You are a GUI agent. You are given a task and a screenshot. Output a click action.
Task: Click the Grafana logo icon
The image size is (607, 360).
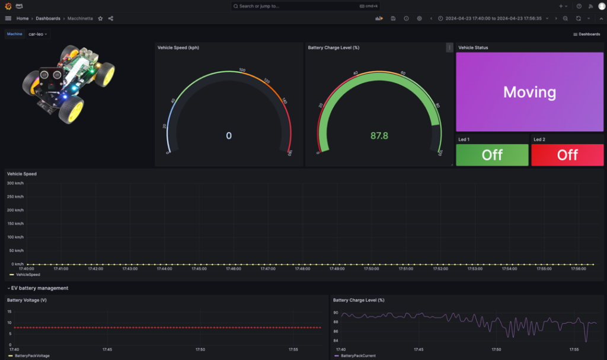(x=8, y=6)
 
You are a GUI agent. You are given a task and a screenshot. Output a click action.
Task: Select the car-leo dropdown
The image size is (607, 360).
(x=39, y=34)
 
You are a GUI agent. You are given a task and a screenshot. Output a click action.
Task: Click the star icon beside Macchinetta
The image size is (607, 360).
(x=100, y=18)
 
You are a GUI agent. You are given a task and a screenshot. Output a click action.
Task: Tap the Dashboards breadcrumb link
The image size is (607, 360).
(x=48, y=18)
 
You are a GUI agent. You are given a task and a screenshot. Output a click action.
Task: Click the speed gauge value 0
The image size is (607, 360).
(x=229, y=136)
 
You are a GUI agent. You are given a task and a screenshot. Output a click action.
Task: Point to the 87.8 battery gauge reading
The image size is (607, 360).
(x=379, y=136)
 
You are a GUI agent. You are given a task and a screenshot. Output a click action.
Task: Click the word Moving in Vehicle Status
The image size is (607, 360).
(x=529, y=92)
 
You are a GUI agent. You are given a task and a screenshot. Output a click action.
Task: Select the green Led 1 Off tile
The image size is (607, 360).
(x=492, y=155)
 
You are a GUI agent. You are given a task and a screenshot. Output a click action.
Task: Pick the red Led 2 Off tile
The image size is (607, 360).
(x=567, y=155)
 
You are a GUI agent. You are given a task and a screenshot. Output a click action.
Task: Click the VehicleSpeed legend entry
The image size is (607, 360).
(x=28, y=275)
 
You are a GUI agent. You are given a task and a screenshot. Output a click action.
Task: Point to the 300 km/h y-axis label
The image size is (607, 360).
(x=15, y=183)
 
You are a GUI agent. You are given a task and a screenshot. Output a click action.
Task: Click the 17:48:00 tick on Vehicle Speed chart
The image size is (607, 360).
(x=302, y=269)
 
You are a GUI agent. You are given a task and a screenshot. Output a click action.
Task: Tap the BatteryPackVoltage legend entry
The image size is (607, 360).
(x=32, y=356)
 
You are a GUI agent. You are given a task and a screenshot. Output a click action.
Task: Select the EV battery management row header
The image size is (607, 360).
(x=39, y=288)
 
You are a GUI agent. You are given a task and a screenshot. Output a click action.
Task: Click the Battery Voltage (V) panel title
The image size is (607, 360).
(x=27, y=300)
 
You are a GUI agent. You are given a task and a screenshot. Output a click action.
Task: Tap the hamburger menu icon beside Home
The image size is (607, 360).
(x=8, y=18)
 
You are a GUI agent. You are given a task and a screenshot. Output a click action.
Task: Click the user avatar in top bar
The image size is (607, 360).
(x=602, y=6)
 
